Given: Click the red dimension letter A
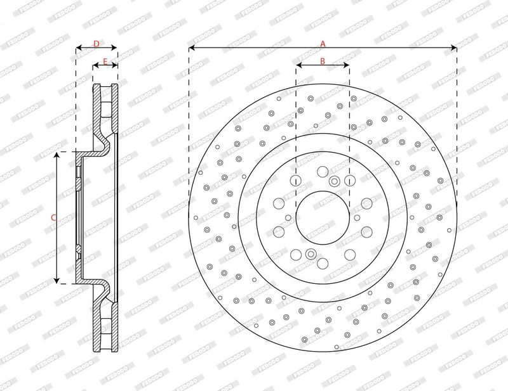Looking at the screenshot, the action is (323, 44).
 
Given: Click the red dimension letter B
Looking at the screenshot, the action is (323, 61).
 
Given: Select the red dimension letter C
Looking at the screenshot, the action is (53, 217).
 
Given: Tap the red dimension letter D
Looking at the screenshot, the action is (97, 44).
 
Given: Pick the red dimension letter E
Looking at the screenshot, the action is (105, 61).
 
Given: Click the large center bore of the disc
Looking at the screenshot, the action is (323, 217).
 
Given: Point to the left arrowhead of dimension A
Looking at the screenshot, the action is (192, 48).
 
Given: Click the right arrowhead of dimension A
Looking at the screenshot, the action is (453, 48).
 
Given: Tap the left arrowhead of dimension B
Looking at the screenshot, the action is (299, 65).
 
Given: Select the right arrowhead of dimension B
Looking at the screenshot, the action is (346, 65).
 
